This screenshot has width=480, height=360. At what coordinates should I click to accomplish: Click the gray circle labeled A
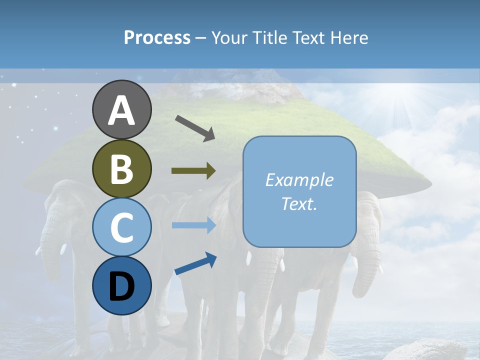121,109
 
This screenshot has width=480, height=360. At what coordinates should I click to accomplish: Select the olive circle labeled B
121,168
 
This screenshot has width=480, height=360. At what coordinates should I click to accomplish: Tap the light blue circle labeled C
121,227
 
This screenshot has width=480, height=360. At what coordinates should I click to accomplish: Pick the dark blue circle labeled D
121,285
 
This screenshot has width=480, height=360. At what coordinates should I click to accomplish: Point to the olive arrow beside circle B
193,171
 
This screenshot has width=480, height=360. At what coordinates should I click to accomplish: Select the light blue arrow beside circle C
194,225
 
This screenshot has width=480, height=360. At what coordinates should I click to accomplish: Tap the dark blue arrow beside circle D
195,263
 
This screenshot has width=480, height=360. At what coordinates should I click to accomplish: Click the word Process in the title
157,37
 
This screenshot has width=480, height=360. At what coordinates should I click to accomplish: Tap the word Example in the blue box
299,180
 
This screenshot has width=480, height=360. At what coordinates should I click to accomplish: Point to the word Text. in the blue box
299,203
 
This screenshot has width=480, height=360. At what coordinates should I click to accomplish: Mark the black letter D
121,286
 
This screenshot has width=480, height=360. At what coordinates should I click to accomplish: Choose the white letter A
121,110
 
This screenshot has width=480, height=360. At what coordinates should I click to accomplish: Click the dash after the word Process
201,38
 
